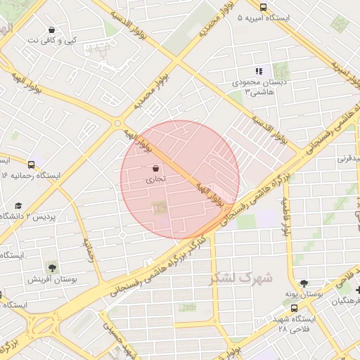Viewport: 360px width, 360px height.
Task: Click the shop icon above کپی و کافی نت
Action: pyautogui.click(x=52, y=30)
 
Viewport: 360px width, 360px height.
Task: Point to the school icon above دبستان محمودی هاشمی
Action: pyautogui.click(x=259, y=71)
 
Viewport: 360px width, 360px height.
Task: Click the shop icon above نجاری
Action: pyautogui.click(x=155, y=169)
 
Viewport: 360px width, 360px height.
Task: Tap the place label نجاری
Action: pyautogui.click(x=155, y=180)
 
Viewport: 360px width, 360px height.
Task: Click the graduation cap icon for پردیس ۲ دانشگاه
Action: pyautogui.click(x=18, y=205)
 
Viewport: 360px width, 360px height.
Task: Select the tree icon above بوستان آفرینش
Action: pyautogui.click(x=52, y=267)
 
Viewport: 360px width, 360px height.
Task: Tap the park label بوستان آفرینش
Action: pyautogui.click(x=52, y=279)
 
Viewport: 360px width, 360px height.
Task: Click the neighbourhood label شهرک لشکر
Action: pyautogui.click(x=240, y=278)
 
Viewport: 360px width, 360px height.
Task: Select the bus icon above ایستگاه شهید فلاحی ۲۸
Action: pyautogui.click(x=294, y=307)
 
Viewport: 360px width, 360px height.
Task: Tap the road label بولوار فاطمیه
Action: pyautogui.click(x=286, y=214)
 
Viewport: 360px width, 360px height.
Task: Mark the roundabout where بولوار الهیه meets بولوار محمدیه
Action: pyautogui.click(x=117, y=124)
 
